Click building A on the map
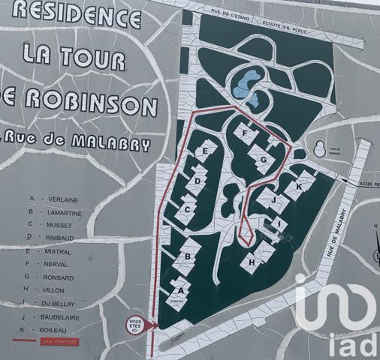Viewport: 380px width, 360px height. point(179,289)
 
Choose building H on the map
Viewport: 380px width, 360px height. point(253,262)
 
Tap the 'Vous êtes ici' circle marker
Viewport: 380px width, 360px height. point(134,325)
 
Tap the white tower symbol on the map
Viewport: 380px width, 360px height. point(321,148)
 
